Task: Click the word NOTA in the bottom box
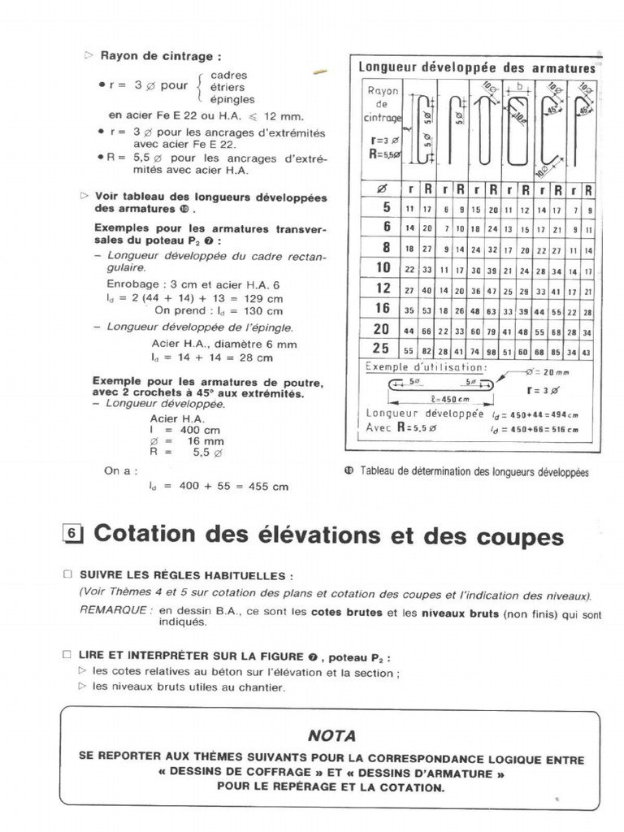tap(331, 735)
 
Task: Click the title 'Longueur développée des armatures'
tap(477, 68)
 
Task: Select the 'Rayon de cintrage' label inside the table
tap(382, 105)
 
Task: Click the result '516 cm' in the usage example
tap(562, 429)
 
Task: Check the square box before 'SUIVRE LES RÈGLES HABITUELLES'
tap(67, 574)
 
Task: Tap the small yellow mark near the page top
tap(320, 73)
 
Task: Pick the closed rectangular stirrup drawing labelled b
tap(518, 122)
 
